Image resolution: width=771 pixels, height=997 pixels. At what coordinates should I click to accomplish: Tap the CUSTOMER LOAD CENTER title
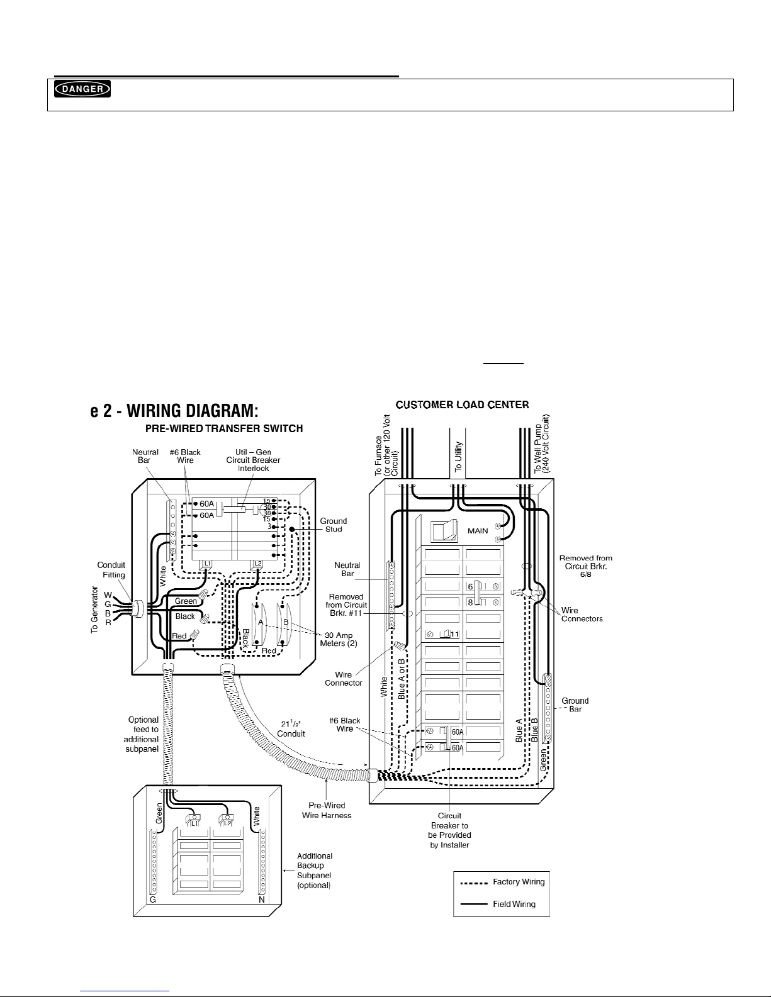click(462, 404)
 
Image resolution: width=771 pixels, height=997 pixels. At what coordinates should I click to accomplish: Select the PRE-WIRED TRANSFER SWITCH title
click(225, 429)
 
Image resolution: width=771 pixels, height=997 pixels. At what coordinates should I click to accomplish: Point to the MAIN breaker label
click(478, 531)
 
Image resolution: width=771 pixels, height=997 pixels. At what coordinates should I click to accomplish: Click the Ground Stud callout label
click(333, 525)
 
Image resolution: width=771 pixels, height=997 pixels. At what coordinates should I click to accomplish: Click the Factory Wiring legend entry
click(519, 882)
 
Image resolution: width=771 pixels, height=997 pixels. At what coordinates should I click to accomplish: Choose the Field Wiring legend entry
click(514, 904)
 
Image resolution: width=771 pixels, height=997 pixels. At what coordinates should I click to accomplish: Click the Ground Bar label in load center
click(575, 705)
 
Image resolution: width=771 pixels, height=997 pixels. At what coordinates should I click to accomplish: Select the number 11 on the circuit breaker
click(454, 633)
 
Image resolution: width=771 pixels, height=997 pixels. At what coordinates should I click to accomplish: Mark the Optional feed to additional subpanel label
click(143, 735)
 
